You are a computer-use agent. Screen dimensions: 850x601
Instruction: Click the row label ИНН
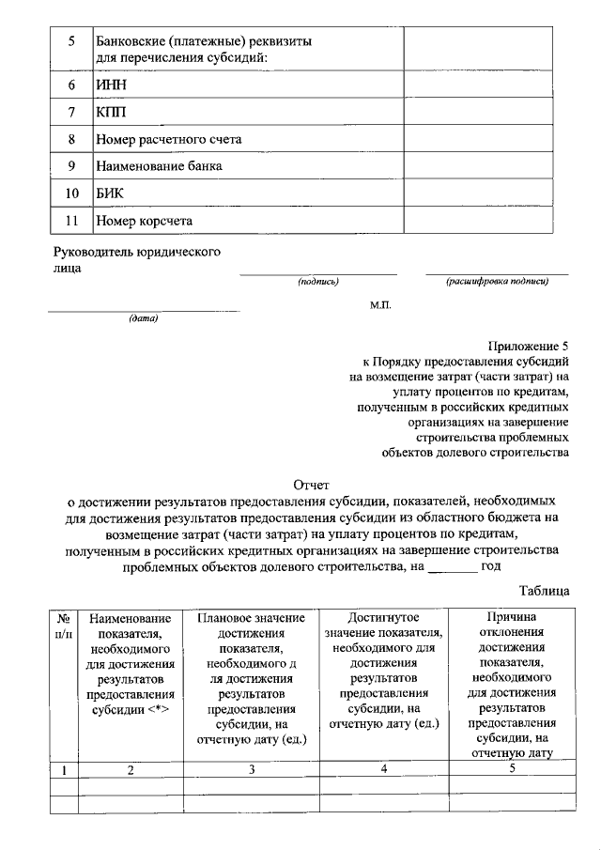point(112,85)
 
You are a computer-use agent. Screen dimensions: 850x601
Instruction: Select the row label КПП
point(112,112)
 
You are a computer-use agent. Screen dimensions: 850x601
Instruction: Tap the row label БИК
point(111,193)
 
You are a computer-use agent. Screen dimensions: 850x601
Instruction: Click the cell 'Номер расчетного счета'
point(169,139)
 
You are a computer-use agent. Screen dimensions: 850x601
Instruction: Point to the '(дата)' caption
point(144,317)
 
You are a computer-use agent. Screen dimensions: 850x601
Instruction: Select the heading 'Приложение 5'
point(529,345)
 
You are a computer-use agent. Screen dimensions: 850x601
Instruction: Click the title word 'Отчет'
point(312,486)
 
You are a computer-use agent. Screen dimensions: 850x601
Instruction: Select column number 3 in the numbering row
point(252,770)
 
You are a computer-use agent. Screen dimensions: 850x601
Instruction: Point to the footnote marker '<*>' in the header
point(157,710)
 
